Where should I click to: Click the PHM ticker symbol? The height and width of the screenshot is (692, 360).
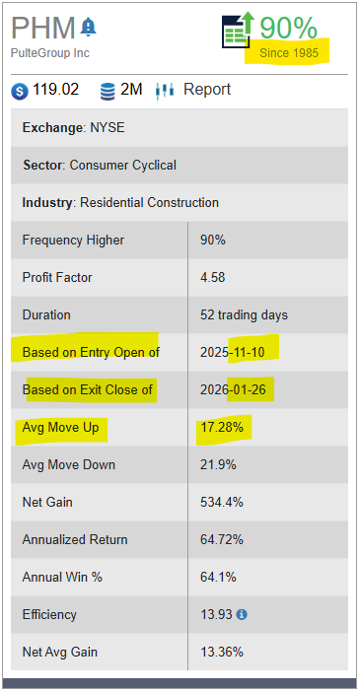pos(43,27)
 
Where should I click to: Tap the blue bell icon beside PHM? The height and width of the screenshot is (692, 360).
pos(89,26)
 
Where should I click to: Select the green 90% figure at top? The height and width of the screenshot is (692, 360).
pos(288,28)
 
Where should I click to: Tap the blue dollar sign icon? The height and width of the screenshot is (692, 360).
pos(20,91)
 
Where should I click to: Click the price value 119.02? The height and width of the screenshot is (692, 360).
pos(56,90)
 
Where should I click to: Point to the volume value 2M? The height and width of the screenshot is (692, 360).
pos(131,90)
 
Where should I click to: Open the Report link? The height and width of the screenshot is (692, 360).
pos(207,90)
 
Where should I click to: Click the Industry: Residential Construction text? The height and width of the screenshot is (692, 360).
pos(120,202)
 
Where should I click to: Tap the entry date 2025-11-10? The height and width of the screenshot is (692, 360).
pos(240,352)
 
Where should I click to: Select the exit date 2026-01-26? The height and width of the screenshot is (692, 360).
pos(240,389)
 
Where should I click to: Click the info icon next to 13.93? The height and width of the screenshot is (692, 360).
pos(242,614)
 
